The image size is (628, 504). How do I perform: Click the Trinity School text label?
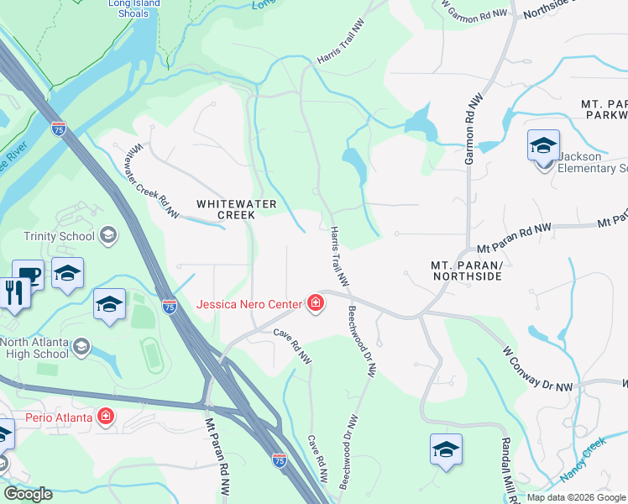coord(59,236)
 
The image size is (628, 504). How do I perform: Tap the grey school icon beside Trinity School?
coord(107,235)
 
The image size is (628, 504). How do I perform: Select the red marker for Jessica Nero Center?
coord(316,303)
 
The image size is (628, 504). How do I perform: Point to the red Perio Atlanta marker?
coord(106,416)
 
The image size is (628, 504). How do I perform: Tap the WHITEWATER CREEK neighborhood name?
coord(225,209)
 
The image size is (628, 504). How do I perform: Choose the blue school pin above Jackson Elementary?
coord(543,144)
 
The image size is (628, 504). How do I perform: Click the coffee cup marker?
coord(28,273)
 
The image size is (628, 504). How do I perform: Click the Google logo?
coord(27,493)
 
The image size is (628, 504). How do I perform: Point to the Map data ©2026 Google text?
coord(576,497)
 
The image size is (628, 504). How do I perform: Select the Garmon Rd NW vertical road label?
coord(469,134)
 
